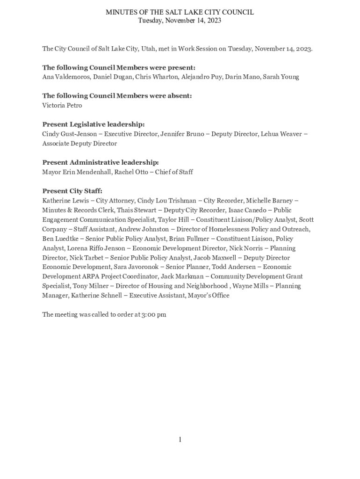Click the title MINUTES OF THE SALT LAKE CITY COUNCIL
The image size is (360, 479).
click(x=180, y=12)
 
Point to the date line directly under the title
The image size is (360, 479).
click(x=180, y=21)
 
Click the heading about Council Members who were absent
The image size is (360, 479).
click(x=117, y=96)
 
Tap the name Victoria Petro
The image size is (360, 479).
click(x=62, y=105)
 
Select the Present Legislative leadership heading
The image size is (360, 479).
click(x=94, y=124)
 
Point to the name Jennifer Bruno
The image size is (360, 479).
click(x=182, y=134)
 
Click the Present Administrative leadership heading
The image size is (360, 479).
click(x=101, y=162)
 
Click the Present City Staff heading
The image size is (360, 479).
click(x=72, y=191)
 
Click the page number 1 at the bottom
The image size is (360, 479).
click(x=180, y=439)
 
